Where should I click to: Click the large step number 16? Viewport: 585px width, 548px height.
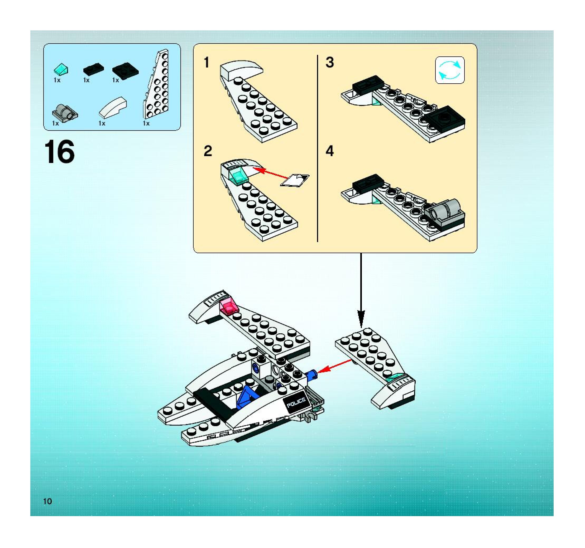(x=59, y=152)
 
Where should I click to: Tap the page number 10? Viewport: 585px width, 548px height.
(x=47, y=501)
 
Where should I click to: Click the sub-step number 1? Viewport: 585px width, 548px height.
(x=207, y=63)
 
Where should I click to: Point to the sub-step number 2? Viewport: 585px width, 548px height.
(x=208, y=151)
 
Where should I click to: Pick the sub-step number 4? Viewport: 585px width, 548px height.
(x=330, y=151)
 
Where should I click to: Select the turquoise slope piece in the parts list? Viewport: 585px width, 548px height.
(x=61, y=69)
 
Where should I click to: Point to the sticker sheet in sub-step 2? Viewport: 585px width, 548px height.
(x=295, y=180)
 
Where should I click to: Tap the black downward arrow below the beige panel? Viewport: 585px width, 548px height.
(x=361, y=290)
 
